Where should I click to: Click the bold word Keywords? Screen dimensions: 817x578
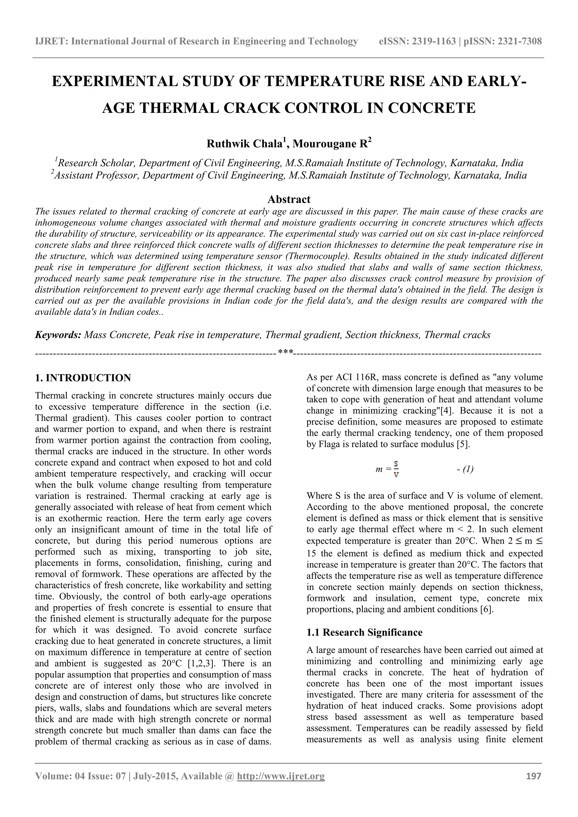[58, 335]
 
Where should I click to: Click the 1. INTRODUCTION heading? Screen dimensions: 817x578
[83, 378]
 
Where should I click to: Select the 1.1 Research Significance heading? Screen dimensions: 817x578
[364, 632]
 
